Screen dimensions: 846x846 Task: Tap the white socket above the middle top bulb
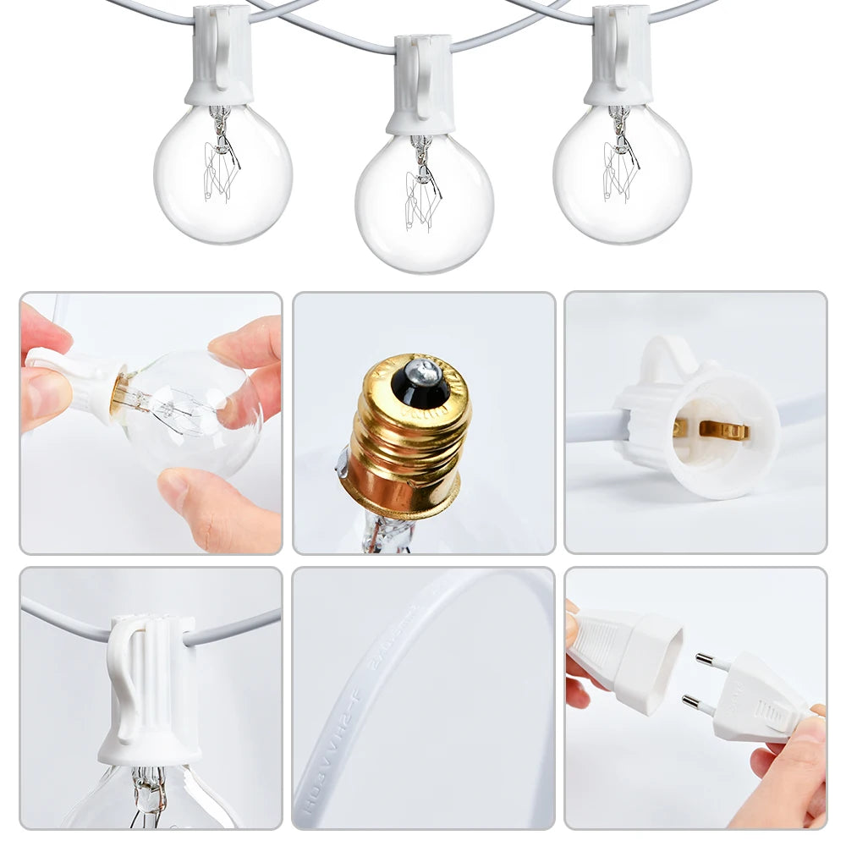(x=420, y=85)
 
